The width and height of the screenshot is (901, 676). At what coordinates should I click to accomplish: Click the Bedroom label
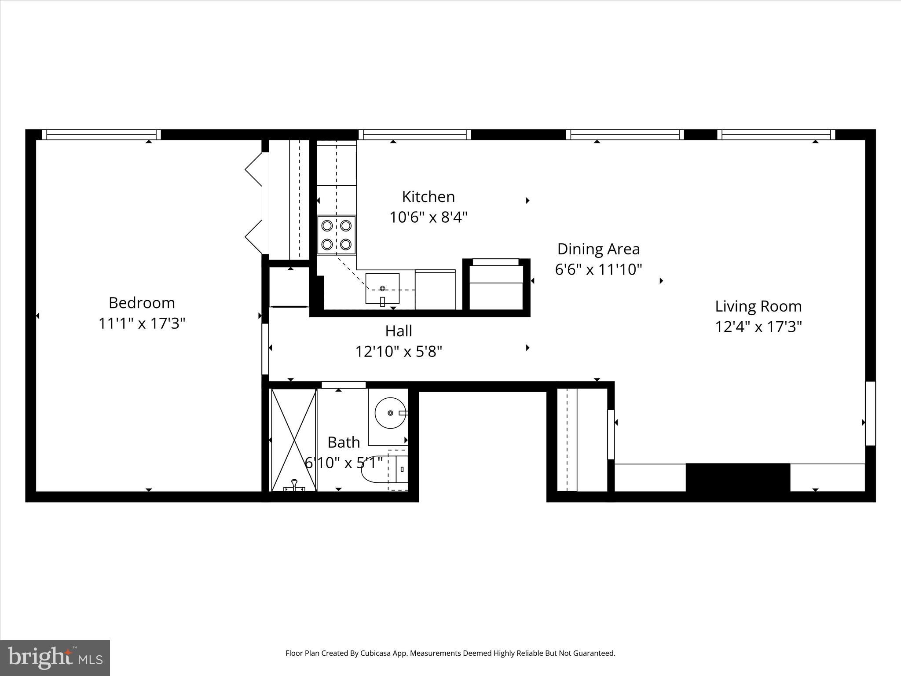point(142,303)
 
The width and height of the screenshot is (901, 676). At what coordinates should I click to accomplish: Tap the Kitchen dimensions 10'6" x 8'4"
point(428,217)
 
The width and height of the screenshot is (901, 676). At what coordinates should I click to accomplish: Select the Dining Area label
point(598,249)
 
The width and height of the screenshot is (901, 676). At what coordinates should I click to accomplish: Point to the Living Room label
point(758,306)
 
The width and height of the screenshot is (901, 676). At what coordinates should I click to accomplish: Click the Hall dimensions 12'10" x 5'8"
point(399,352)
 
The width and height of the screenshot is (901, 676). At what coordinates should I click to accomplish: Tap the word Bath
point(343,442)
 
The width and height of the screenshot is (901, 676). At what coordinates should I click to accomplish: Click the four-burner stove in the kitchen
point(336,235)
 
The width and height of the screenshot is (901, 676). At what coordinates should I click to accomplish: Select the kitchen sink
point(382,288)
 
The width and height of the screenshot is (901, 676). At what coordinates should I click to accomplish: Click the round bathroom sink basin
point(390,413)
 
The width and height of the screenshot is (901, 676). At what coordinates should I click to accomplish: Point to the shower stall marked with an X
point(293,440)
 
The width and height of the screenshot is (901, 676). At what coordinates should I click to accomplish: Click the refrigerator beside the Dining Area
point(496,285)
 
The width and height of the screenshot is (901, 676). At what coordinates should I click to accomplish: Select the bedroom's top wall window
point(101,134)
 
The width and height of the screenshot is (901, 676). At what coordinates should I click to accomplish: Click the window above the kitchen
point(414,134)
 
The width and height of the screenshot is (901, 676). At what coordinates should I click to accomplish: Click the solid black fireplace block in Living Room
point(738,477)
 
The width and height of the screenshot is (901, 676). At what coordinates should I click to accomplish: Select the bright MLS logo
point(55,658)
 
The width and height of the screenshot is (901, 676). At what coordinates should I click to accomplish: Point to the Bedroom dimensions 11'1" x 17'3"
point(142,323)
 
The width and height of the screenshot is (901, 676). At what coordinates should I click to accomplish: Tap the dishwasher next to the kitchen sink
point(435,290)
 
